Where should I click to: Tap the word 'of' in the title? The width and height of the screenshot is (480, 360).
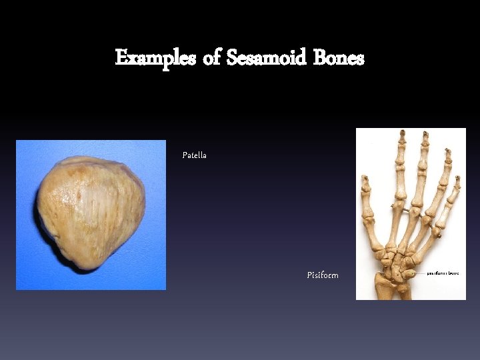pos(211,59)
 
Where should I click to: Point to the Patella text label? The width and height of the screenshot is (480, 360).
pos(195,155)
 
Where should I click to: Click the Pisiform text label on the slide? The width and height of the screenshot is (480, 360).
pos(323,275)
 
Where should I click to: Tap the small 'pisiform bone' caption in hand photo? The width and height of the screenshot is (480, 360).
pos(443,273)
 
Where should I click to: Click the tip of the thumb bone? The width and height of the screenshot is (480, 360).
pos(365,179)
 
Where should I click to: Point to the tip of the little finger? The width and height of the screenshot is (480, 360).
pos(458,179)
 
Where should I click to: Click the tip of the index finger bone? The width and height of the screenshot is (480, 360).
pos(402,133)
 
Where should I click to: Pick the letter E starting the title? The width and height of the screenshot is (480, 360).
pos(121,59)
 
